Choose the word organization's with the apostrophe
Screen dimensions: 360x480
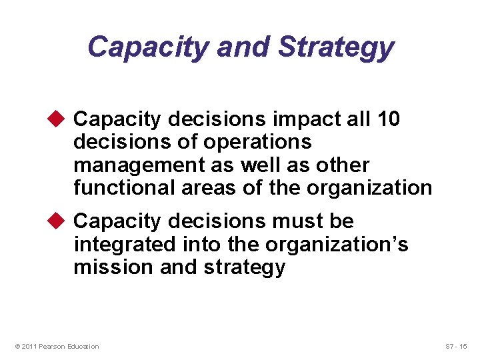[337, 244]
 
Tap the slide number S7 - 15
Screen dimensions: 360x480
[457, 346]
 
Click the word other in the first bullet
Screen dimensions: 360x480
[343, 165]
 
